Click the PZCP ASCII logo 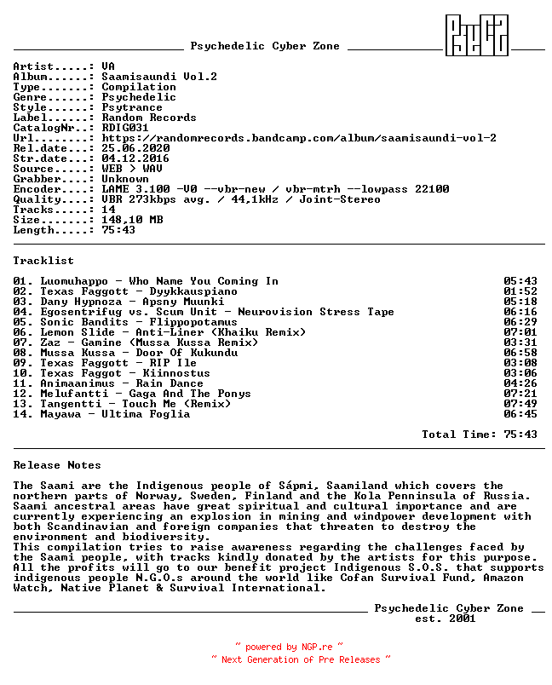click(477, 35)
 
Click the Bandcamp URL click(299, 138)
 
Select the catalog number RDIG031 click(125, 128)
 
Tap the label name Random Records click(149, 118)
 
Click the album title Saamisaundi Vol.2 click(159, 77)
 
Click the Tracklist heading click(43, 261)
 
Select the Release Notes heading click(57, 465)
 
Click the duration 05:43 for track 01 click(520, 281)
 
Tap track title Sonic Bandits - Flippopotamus click(139, 322)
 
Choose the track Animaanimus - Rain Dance click(122, 383)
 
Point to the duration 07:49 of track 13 click(520, 404)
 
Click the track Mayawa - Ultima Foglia click(115, 414)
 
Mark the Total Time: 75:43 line click(480, 435)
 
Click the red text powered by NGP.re click(290, 648)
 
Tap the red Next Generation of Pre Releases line click(301, 659)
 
